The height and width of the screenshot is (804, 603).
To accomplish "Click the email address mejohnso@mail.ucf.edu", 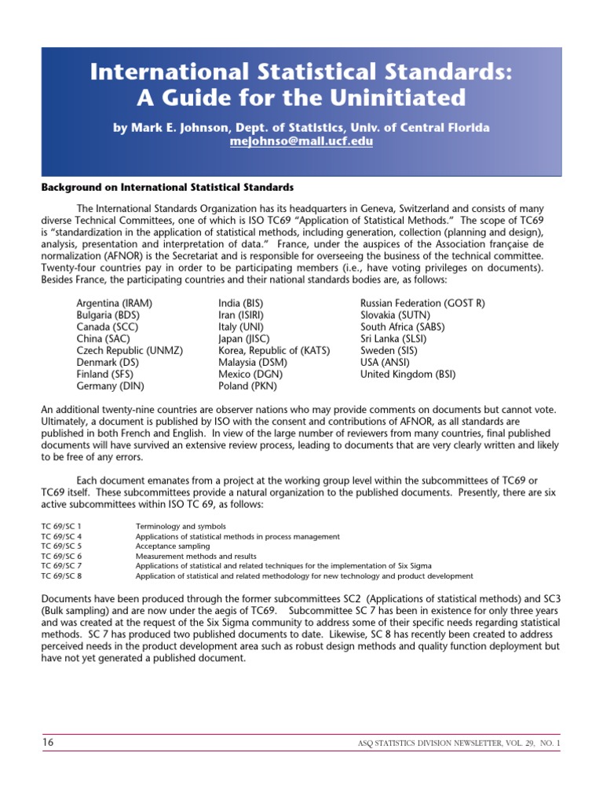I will tap(301, 142).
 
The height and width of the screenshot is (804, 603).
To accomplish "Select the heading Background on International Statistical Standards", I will tap(167, 188).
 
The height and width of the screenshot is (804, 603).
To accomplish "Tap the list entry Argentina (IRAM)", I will tap(114, 303).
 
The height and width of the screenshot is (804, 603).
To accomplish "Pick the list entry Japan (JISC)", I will tap(244, 338).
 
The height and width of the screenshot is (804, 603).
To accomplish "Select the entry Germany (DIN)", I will tap(110, 386).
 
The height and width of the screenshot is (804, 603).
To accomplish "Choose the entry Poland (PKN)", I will tap(246, 386).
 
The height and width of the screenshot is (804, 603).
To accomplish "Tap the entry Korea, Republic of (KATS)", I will tap(274, 350).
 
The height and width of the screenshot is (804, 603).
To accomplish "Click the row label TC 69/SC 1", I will tap(61, 526).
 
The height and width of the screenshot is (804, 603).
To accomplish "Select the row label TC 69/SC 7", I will tap(61, 565).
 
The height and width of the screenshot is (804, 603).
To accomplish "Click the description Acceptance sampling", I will tap(173, 546).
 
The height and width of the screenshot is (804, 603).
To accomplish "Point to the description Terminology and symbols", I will tap(181, 526).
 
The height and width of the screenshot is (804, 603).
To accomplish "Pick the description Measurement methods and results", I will tap(191, 556).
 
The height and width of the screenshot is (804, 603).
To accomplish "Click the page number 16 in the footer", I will tap(49, 742).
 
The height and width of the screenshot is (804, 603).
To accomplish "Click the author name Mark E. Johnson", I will tap(183, 128).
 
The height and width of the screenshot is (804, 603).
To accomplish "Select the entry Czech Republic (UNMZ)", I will tap(130, 350).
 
